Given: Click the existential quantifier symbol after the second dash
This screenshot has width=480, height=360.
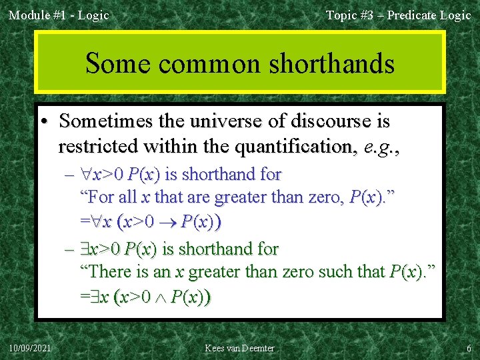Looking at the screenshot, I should pos(85,249).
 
